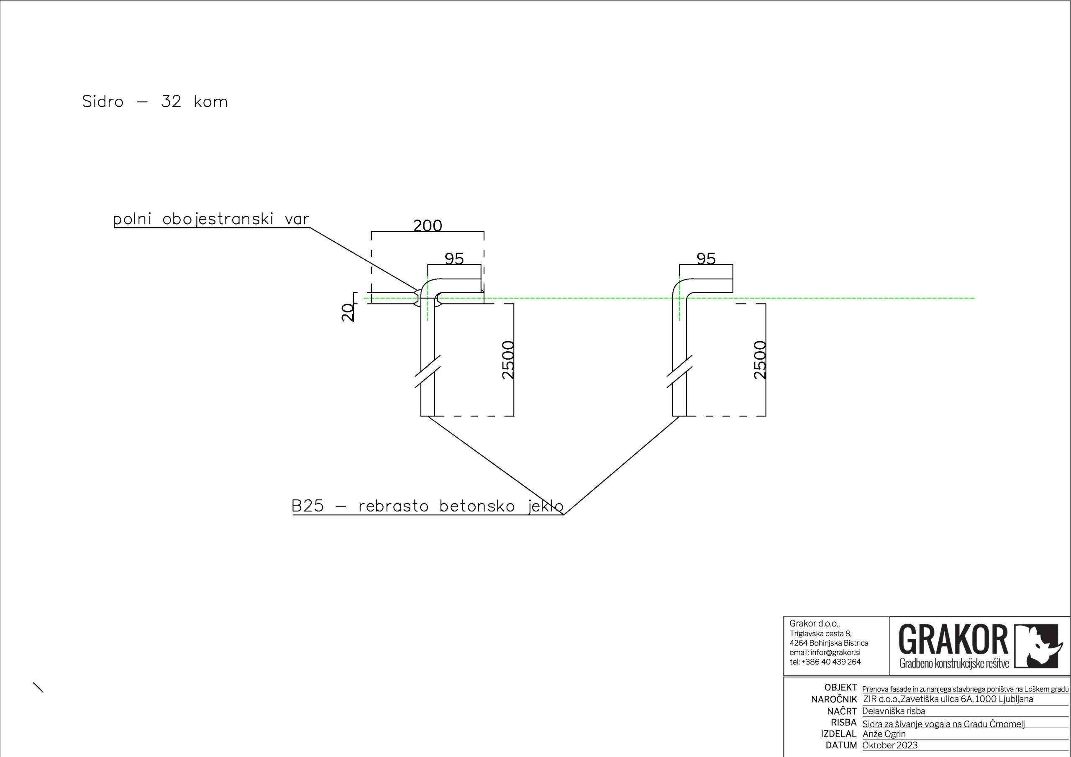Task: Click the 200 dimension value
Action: point(427,226)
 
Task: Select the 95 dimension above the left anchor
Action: point(454,259)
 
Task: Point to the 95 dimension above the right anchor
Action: point(705,259)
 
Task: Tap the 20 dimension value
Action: point(348,312)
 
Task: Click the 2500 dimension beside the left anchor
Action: point(507,360)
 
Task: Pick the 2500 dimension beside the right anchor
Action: point(759,360)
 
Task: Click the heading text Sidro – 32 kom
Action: point(155,102)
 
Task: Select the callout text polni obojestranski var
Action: point(211,219)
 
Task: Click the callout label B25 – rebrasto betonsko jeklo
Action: point(427,506)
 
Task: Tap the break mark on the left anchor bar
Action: point(428,371)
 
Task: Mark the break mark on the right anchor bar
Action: point(679,371)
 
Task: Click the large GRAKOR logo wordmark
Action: point(953,640)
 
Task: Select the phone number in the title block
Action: point(825,662)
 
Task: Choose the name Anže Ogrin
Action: point(884,734)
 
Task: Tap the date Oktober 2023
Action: point(889,745)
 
